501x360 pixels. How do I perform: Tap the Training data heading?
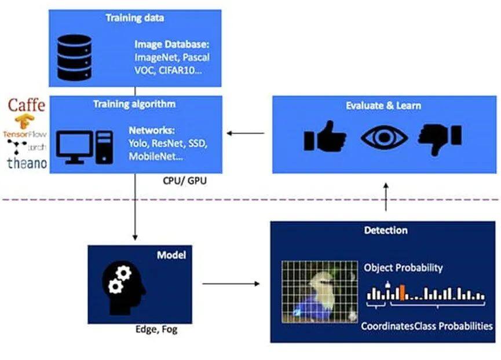[134, 17]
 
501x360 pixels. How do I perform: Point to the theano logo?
[27, 163]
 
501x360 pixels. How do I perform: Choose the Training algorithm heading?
[134, 104]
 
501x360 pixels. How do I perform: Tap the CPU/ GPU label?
[184, 181]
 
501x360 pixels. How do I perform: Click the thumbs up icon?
[326, 137]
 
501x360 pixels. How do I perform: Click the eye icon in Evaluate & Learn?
[383, 137]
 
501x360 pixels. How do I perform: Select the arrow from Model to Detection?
[231, 284]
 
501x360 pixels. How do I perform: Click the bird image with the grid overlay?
[316, 291]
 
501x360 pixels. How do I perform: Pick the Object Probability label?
[403, 268]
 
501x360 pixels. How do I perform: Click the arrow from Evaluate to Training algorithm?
[246, 134]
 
